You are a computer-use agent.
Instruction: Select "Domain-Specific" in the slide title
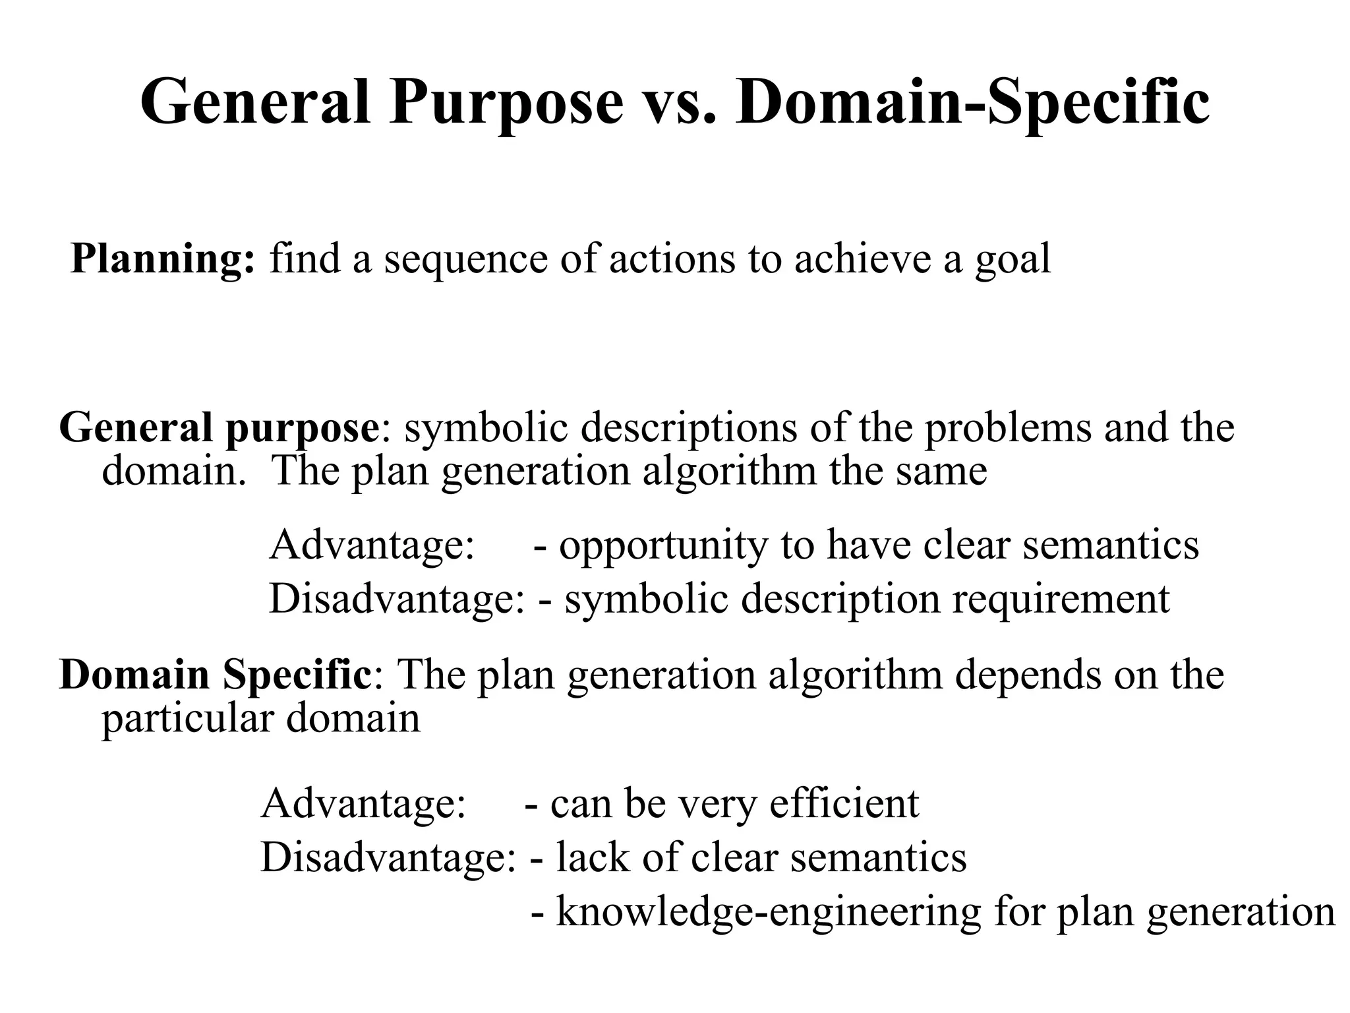coord(973,102)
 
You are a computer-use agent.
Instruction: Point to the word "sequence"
coord(466,259)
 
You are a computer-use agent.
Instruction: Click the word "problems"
coord(1009,428)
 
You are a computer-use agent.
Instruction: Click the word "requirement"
coord(1061,599)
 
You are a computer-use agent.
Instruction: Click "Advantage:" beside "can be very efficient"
coord(363,804)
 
